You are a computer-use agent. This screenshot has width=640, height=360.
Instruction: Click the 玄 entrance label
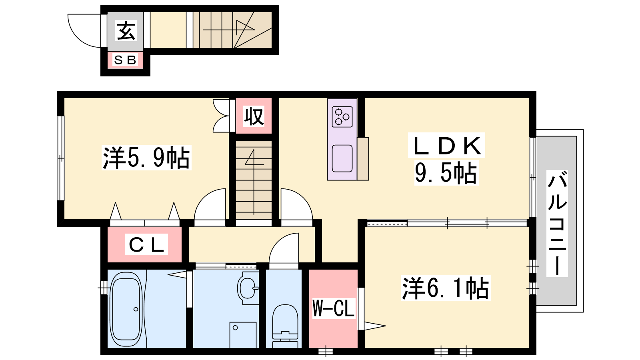(x=126, y=30)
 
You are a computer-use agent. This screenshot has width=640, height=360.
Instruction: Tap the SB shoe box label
(x=125, y=60)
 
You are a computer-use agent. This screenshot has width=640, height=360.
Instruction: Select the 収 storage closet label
(x=254, y=116)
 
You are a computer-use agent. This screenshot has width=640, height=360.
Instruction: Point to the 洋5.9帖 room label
(x=146, y=158)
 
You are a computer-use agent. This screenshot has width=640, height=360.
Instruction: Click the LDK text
(x=446, y=146)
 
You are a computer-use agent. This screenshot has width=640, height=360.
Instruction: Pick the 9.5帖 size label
(x=446, y=173)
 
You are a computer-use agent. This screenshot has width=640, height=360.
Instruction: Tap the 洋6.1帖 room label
(x=446, y=288)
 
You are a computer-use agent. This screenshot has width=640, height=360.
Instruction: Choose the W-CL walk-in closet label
(x=334, y=308)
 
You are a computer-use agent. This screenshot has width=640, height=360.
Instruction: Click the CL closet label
(x=146, y=244)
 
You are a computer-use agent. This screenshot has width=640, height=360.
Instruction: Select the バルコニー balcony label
(x=557, y=224)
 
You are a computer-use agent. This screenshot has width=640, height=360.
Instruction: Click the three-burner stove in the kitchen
(x=342, y=116)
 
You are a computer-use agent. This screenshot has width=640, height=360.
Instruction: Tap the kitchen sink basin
(x=342, y=158)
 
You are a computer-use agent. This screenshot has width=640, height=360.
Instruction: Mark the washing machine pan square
(x=243, y=335)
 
